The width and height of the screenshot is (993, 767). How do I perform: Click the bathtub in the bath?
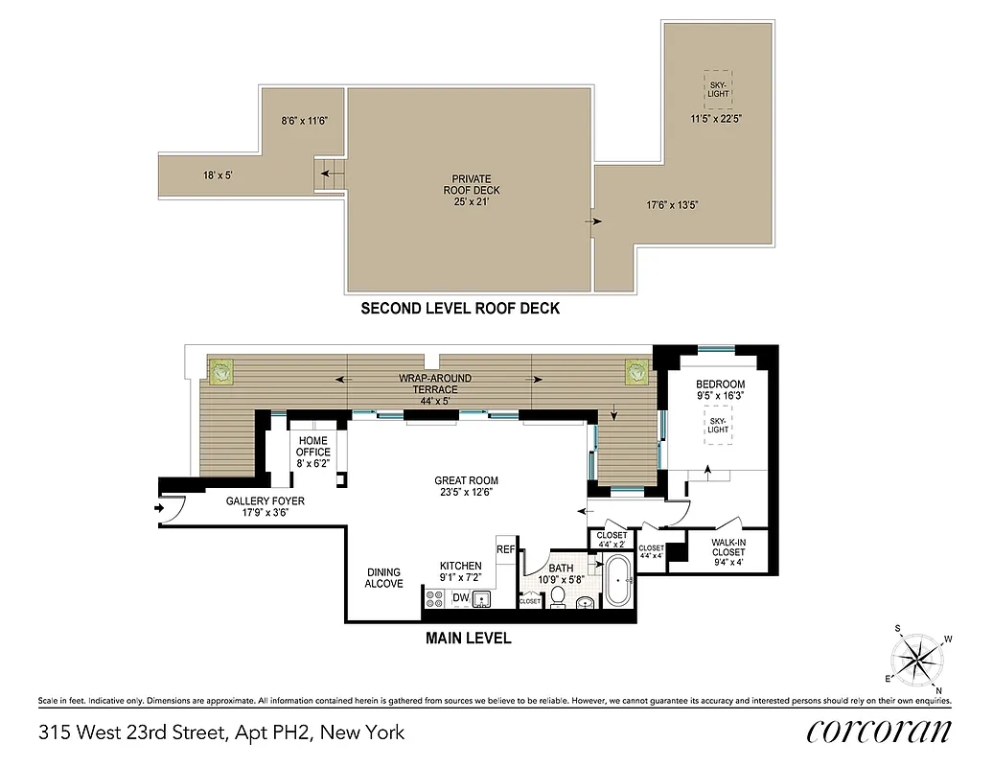(617, 584)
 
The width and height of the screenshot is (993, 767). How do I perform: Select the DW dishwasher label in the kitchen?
(460, 598)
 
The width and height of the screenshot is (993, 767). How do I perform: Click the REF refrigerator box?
(505, 550)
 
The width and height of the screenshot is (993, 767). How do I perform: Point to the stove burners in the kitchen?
(433, 599)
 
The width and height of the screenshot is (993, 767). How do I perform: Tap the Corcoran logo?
(879, 731)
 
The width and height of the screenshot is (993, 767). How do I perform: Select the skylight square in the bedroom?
(718, 425)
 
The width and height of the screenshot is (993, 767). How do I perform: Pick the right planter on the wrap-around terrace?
(635, 371)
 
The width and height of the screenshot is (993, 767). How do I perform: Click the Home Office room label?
(312, 447)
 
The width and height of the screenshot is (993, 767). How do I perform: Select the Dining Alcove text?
(383, 578)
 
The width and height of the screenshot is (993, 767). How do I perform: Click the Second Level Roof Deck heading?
(459, 309)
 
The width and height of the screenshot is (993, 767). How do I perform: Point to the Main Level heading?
(469, 638)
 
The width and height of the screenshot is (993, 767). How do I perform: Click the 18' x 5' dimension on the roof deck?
(219, 175)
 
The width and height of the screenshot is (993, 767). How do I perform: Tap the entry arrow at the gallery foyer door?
(158, 508)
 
